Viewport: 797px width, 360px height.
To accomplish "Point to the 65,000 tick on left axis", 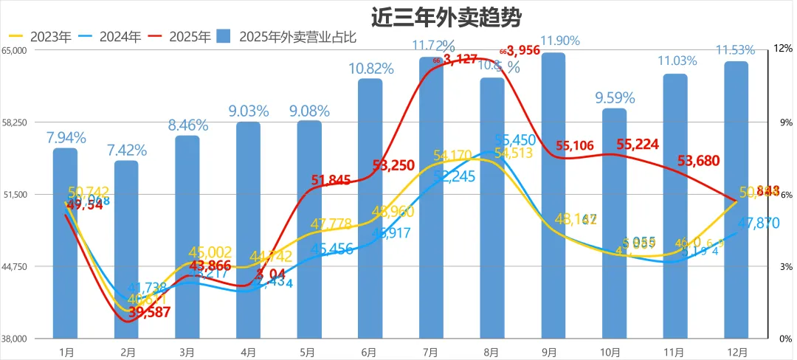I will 15,50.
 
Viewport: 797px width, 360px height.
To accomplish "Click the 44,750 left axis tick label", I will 15,266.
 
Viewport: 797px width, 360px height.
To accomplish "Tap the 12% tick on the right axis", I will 782,49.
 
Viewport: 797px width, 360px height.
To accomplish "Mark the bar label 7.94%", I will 66,137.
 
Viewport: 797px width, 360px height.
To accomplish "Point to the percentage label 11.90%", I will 560,41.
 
